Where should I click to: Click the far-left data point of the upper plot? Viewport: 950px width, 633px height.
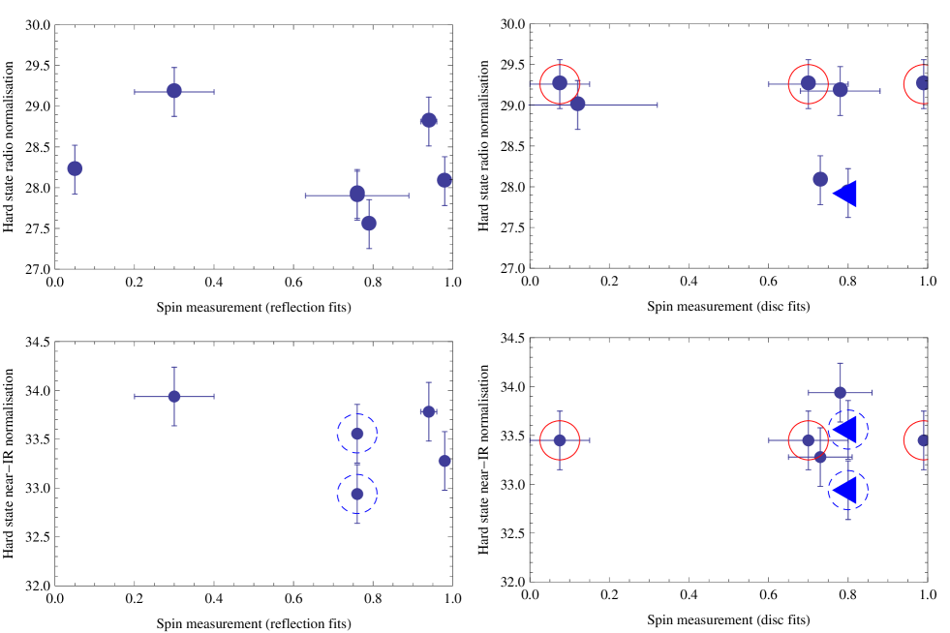[75, 168]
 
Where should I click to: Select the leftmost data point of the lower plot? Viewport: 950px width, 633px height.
[174, 396]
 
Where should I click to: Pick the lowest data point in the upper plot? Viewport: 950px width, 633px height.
[369, 224]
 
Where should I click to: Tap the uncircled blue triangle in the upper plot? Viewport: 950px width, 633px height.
[845, 194]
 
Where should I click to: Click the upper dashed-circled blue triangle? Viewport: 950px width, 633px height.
[846, 429]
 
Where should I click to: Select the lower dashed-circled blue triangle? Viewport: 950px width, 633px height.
[846, 490]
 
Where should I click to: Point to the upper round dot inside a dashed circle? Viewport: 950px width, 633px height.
[357, 434]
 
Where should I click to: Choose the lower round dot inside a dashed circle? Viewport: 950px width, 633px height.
[357, 494]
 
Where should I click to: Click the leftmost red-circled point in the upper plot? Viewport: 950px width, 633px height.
[560, 83]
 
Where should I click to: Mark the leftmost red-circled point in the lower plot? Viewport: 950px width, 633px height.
[560, 440]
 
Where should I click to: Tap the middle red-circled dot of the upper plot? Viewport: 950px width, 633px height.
[809, 83]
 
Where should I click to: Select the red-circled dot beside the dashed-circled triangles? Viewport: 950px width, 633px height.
[809, 440]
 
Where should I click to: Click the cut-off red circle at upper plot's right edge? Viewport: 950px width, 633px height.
[922, 83]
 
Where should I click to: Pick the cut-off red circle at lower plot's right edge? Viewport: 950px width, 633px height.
[922, 440]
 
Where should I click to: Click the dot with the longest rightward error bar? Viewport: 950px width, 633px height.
[577, 104]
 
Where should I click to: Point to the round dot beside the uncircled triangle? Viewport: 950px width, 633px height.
[820, 179]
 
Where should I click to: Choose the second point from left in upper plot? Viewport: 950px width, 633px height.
[174, 91]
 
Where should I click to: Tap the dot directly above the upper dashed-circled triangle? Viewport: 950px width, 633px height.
[840, 392]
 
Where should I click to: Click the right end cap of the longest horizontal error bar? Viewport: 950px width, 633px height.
[658, 105]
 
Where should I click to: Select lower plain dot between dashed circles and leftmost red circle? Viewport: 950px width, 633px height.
[444, 461]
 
